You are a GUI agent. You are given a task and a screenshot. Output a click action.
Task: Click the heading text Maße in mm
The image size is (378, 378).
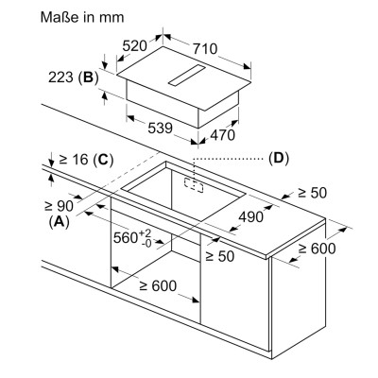point(82,17)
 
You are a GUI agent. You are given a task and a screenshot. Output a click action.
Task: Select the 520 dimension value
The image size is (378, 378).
point(134,46)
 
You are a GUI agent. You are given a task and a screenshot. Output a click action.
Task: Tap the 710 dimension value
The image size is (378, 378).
point(205,49)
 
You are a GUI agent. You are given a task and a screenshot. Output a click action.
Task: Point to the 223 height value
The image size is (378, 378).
point(61,77)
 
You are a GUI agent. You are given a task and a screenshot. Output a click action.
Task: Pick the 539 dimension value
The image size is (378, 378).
point(161,128)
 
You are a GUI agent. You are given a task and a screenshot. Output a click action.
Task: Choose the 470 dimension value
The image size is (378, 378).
point(222,135)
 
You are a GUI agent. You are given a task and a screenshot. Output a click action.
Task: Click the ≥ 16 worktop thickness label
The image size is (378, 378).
point(74,160)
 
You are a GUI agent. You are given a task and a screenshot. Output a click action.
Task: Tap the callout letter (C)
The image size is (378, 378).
point(103,160)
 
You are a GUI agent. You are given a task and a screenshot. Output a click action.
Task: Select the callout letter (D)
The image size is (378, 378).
point(279,159)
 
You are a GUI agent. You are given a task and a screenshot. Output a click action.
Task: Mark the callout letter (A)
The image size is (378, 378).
point(59,222)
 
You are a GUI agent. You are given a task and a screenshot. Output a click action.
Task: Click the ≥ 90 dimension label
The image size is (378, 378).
point(59,206)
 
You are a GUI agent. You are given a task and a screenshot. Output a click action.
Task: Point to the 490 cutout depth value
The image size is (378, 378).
point(250,216)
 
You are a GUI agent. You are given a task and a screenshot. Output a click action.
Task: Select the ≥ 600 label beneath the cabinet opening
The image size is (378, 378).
point(158,286)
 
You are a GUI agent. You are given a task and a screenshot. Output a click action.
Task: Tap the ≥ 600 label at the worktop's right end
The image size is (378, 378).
point(318,249)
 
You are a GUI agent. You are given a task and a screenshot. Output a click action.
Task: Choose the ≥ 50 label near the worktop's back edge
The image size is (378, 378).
point(313,193)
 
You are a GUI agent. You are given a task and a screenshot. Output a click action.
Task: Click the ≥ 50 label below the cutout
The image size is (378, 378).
point(220,256)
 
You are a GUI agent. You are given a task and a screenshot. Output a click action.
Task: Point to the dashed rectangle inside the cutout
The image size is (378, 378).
point(194,186)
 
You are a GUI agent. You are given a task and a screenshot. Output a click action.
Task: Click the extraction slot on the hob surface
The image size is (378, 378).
point(186,76)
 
